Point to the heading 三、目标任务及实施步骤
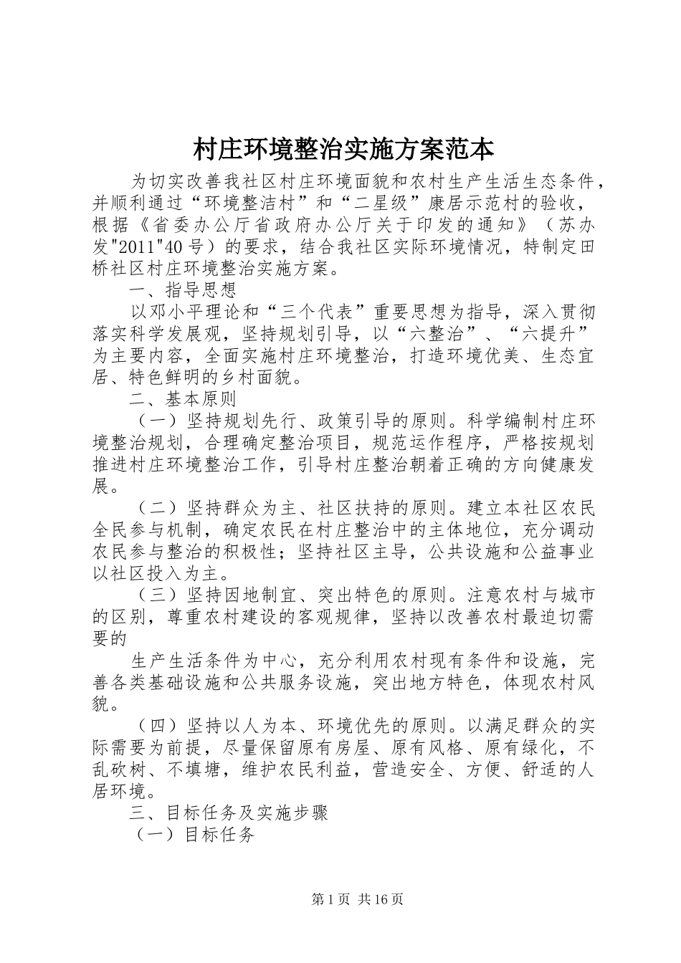[x=228, y=813]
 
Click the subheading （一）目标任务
[x=196, y=835]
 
